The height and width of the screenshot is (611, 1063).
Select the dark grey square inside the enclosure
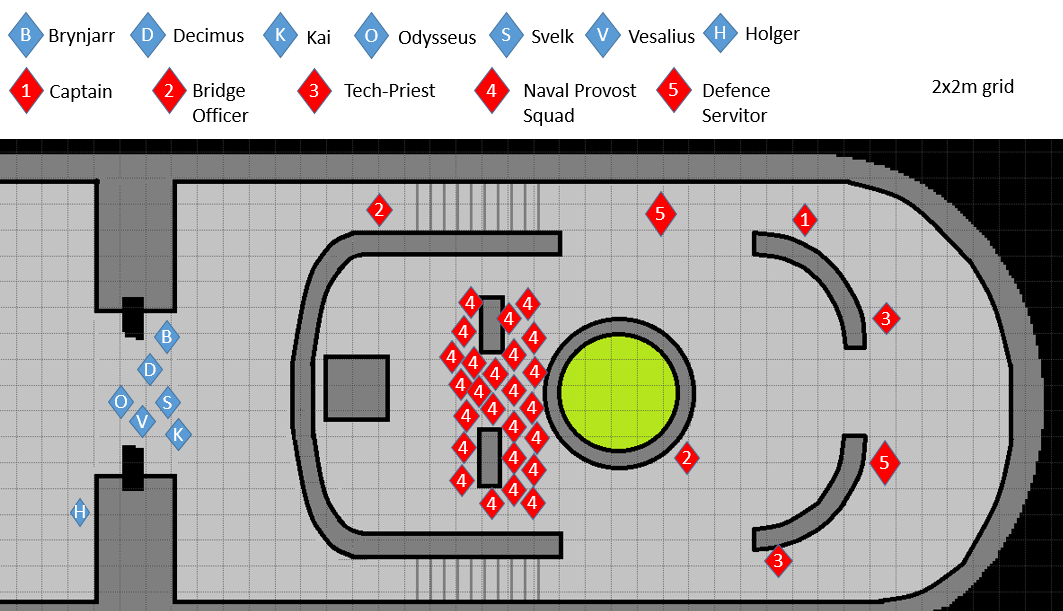(x=357, y=388)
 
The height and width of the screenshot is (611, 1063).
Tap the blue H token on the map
(x=80, y=513)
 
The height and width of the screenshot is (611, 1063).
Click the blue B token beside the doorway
(x=167, y=336)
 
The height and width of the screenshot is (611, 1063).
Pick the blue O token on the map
(x=121, y=401)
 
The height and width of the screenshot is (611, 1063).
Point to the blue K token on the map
(x=178, y=434)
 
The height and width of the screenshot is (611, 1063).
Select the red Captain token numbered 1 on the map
(x=804, y=218)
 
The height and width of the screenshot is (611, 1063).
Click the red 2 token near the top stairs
(x=378, y=210)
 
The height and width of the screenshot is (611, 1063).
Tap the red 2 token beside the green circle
(x=686, y=459)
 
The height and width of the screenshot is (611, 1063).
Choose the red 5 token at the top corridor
(x=659, y=213)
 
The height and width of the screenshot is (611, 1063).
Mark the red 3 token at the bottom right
(x=778, y=561)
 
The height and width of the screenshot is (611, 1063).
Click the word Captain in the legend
(x=80, y=92)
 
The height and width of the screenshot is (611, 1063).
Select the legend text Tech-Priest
(x=389, y=91)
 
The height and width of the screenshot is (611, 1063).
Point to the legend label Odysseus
(x=436, y=38)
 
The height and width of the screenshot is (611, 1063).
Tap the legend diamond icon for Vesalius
(x=602, y=36)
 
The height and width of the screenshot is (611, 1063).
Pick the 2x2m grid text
(x=972, y=87)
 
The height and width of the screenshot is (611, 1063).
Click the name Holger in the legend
(x=772, y=34)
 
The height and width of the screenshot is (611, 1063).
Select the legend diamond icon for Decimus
(x=148, y=36)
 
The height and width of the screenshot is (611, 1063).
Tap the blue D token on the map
(x=150, y=370)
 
